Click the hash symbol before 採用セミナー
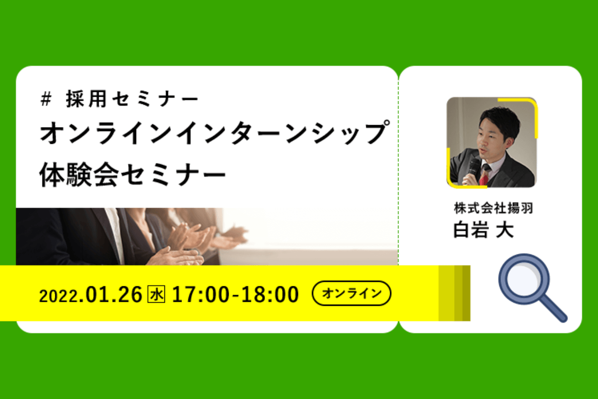click(46, 99)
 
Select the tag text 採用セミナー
click(133, 99)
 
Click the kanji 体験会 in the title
click(79, 175)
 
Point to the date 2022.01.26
click(91, 294)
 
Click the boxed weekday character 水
click(156, 294)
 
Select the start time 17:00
click(200, 294)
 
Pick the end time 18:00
click(270, 294)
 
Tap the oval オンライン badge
click(352, 293)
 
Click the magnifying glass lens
click(524, 279)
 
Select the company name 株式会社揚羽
click(493, 208)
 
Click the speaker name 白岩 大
click(484, 229)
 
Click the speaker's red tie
click(484, 177)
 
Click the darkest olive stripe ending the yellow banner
click(466, 293)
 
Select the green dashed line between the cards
click(398, 171)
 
